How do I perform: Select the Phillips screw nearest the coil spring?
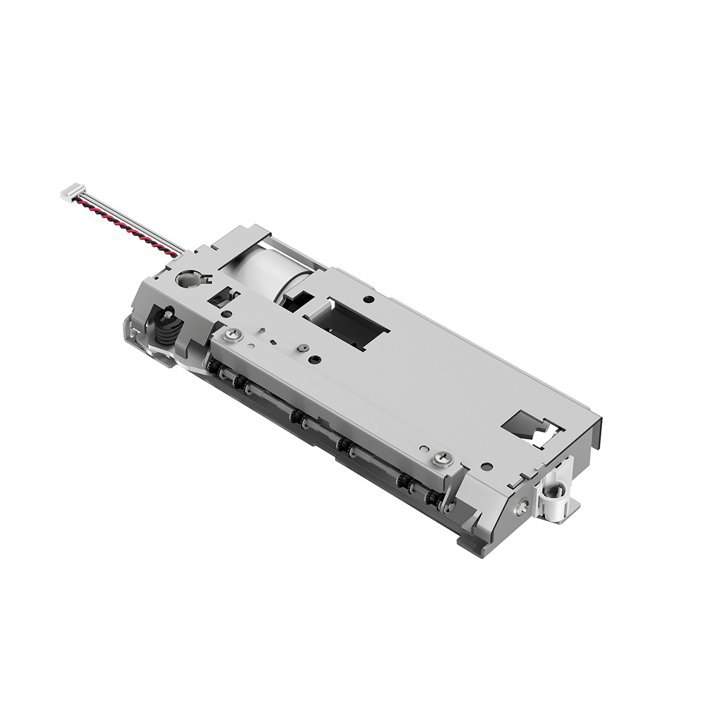click(x=234, y=333)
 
